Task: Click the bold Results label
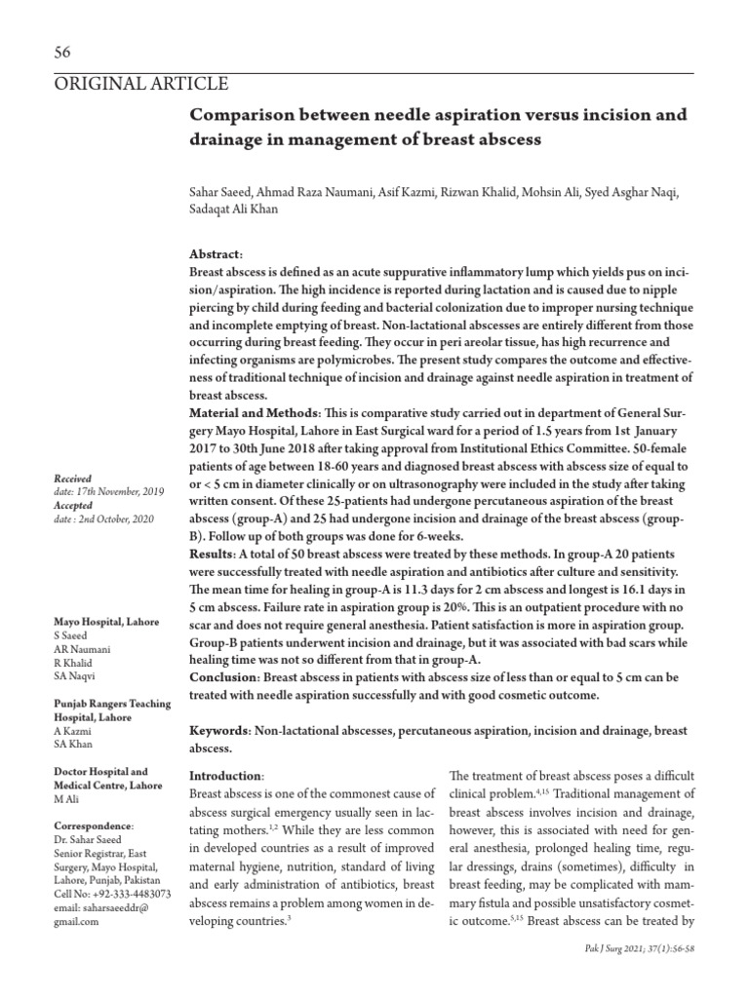[215, 554]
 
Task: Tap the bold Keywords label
[219, 730]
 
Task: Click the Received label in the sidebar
[72, 479]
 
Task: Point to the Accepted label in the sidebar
[73, 504]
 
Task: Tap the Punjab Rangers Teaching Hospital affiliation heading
[111, 710]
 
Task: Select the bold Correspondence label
[94, 825]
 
